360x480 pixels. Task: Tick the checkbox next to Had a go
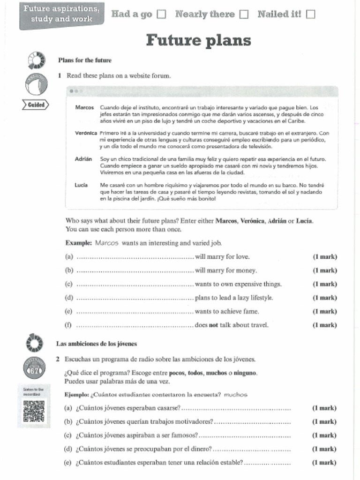click(161, 15)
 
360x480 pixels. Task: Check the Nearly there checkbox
click(244, 15)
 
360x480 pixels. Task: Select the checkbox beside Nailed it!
click(310, 15)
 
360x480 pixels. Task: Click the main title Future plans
click(198, 41)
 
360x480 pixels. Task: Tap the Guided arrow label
click(35, 105)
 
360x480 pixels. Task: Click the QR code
click(34, 411)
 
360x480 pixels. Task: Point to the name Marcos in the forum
click(84, 107)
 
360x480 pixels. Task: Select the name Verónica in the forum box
click(86, 133)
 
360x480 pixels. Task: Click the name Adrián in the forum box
click(83, 159)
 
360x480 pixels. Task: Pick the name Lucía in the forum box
click(81, 185)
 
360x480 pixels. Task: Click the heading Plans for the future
click(85, 60)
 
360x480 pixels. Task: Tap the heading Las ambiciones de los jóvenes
click(97, 344)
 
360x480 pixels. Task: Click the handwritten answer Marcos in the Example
click(107, 243)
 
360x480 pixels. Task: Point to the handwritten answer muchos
click(235, 395)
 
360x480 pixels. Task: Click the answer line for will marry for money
click(135, 271)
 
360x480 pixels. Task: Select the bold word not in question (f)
click(213, 325)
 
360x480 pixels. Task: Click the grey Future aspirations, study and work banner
click(61, 15)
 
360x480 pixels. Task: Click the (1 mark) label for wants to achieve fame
click(325, 311)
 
